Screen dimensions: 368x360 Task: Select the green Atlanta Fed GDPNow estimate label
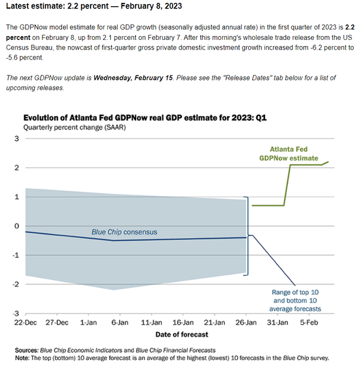pyautogui.click(x=289, y=154)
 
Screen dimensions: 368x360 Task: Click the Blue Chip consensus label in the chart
pyautogui.click(x=124, y=232)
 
